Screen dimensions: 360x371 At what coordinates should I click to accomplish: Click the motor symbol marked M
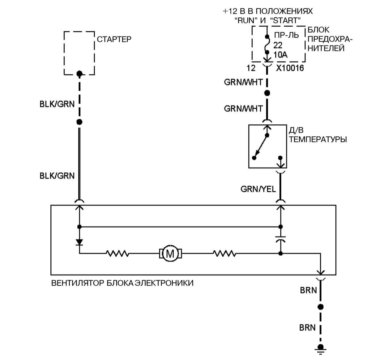pyautogui.click(x=170, y=254)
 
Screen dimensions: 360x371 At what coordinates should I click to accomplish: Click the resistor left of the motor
pyautogui.click(x=117, y=254)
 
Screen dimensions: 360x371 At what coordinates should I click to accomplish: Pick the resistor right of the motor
pyautogui.click(x=224, y=254)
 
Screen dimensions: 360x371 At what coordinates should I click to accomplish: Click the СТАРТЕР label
pyautogui.click(x=114, y=39)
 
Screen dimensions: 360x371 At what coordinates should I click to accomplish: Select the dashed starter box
pyautogui.click(x=79, y=53)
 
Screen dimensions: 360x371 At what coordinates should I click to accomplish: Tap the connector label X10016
pyautogui.click(x=290, y=68)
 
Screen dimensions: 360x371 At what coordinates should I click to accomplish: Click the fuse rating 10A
pyautogui.click(x=280, y=55)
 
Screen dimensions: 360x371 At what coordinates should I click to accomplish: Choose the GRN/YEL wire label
pyautogui.click(x=258, y=189)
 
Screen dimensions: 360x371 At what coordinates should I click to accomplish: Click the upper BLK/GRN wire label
pyautogui.click(x=57, y=104)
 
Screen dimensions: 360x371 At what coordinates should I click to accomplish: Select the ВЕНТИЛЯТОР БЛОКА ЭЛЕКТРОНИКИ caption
pyautogui.click(x=122, y=283)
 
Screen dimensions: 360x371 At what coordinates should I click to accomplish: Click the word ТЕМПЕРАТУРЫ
pyautogui.click(x=318, y=139)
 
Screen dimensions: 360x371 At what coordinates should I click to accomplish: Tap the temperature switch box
pyautogui.click(x=267, y=146)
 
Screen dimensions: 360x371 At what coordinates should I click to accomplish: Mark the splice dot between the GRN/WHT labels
pyautogui.click(x=267, y=93)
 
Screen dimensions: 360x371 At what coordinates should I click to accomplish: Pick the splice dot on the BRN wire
pyautogui.click(x=321, y=307)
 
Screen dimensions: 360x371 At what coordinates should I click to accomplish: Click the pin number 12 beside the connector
pyautogui.click(x=251, y=68)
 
